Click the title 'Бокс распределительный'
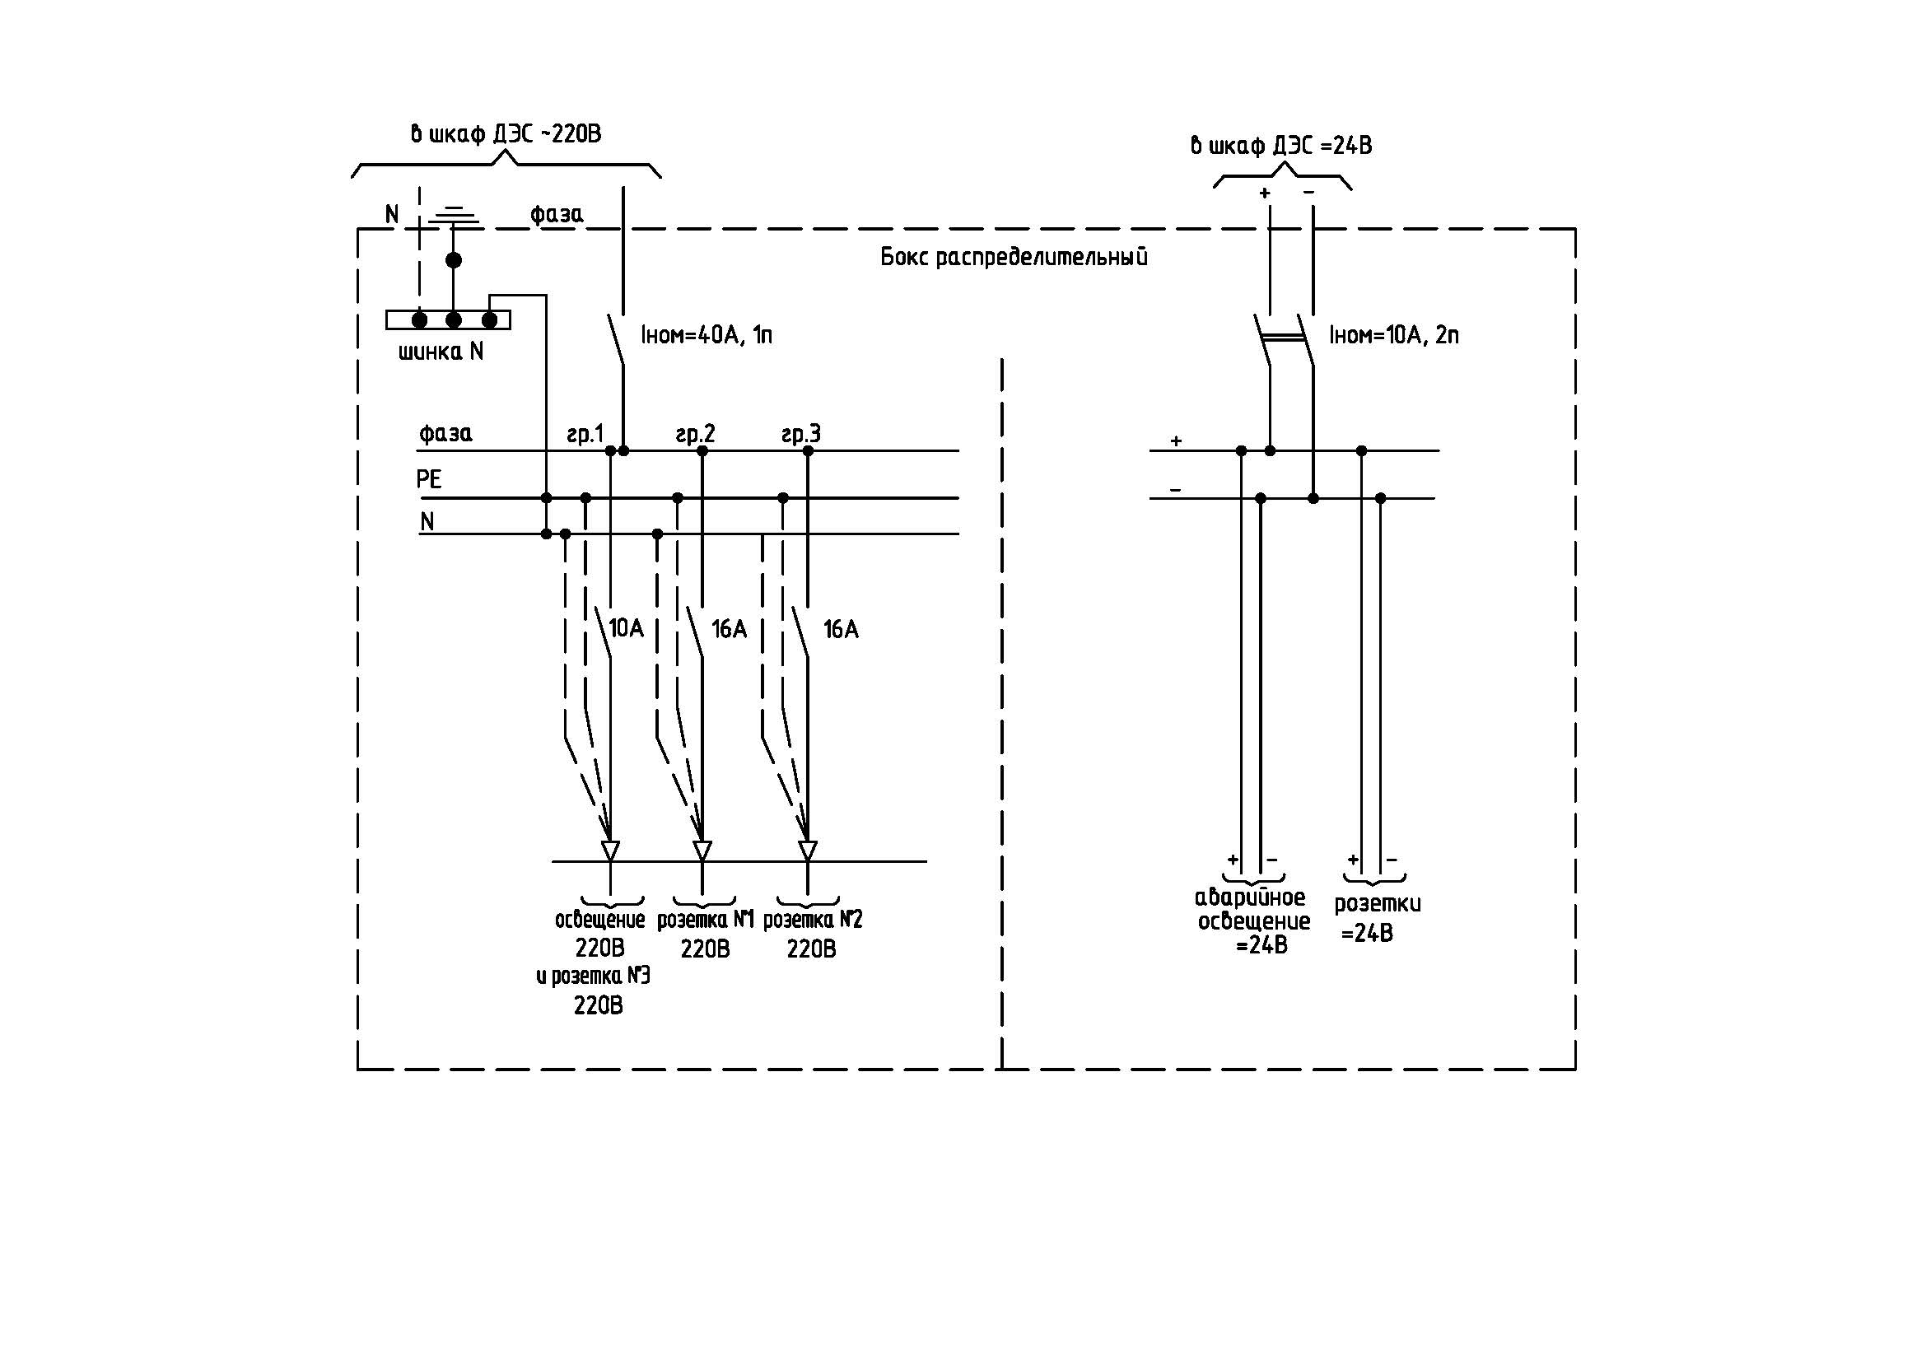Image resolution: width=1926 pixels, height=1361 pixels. (1014, 258)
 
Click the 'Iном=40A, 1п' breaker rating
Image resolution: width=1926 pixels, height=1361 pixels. (707, 335)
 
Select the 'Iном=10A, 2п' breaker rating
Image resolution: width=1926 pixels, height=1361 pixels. (1393, 335)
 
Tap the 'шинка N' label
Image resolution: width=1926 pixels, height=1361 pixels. (441, 352)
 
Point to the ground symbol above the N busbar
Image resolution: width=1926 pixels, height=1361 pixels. (454, 217)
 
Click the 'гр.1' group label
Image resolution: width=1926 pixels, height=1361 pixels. (585, 435)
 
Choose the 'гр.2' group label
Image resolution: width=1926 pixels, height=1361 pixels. (696, 435)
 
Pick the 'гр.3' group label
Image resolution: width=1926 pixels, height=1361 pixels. (801, 435)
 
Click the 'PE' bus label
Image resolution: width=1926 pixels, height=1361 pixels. (429, 479)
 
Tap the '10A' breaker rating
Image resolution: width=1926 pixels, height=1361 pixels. (626, 628)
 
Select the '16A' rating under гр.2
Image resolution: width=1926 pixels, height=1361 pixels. (729, 629)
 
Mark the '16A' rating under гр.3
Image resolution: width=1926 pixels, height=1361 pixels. (841, 629)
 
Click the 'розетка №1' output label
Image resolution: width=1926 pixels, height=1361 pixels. (706, 920)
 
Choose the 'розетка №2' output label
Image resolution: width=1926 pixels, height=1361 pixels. (812, 920)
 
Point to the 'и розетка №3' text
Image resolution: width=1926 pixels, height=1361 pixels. (593, 976)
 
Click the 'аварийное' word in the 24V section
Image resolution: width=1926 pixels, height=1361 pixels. (1250, 897)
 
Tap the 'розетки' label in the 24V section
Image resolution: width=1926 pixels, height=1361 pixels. (1378, 904)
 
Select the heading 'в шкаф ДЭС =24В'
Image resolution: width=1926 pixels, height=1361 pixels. (1281, 146)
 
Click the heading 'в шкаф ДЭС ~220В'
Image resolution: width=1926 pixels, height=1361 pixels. (506, 134)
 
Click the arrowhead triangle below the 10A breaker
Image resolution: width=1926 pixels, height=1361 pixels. (611, 851)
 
